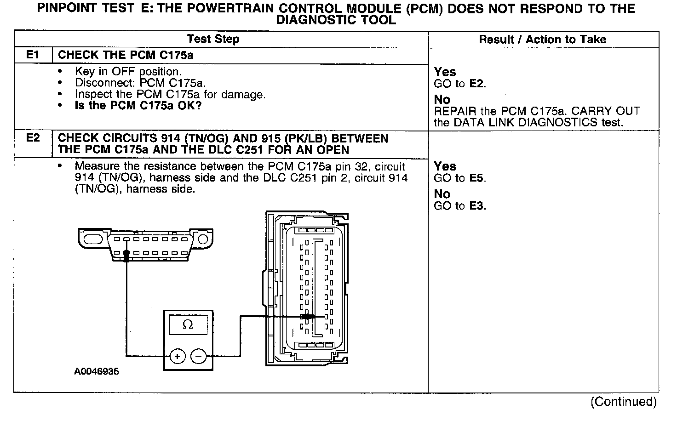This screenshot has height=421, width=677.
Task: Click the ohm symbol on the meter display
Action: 188,325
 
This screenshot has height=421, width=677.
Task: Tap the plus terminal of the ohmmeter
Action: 178,356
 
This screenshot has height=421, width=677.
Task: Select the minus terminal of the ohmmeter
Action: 198,356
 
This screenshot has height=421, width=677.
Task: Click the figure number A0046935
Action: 96,371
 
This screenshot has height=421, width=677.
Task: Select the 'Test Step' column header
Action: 213,39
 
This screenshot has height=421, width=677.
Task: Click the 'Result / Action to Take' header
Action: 543,40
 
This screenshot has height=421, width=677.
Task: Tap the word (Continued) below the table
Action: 624,402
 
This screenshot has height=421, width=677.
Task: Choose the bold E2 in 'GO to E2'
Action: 477,84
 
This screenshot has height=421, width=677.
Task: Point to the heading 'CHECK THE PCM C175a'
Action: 126,55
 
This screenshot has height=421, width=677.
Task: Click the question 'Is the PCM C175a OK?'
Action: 138,106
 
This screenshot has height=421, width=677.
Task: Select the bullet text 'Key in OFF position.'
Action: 128,72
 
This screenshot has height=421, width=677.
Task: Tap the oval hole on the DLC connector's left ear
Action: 93,239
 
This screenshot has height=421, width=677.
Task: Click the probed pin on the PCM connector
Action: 307,317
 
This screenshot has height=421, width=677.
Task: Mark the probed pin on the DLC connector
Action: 126,253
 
